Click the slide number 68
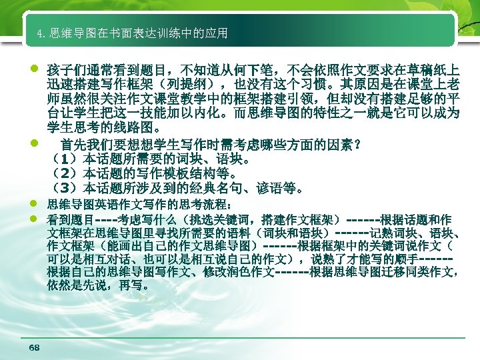click(x=35, y=348)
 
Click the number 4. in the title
click(x=42, y=33)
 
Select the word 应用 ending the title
click(x=218, y=33)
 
